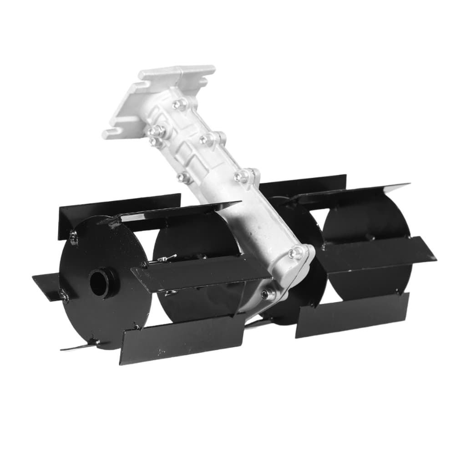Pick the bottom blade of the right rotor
353,314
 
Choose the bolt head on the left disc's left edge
64,296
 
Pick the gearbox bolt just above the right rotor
296,253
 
